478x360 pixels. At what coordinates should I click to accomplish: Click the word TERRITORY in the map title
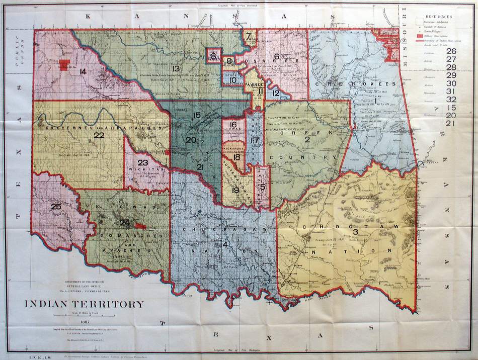click(113, 304)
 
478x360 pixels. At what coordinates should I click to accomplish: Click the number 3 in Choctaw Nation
click(355, 232)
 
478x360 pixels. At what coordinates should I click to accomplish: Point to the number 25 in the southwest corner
click(56, 206)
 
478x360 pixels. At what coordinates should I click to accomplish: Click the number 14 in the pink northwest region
click(83, 71)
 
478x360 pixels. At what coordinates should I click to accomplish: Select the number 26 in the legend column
click(451, 51)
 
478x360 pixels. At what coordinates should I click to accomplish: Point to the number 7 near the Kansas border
click(249, 36)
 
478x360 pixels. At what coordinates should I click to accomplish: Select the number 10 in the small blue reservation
click(232, 80)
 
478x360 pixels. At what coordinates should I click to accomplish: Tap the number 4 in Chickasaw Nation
click(225, 245)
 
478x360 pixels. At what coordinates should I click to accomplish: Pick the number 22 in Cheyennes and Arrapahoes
click(99, 135)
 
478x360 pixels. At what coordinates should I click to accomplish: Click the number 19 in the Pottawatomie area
click(235, 190)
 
